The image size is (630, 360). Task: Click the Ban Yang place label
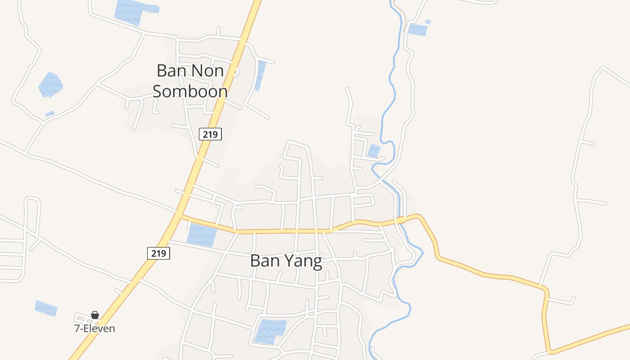[286, 261]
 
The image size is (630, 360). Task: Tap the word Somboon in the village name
[190, 91]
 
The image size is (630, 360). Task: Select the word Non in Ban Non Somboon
[207, 71]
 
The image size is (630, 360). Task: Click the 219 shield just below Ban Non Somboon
[210, 134]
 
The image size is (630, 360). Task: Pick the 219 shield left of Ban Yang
[158, 253]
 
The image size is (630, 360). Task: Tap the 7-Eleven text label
[94, 328]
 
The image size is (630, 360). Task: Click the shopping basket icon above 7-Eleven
[95, 315]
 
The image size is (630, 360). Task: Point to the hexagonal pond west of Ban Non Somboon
[50, 85]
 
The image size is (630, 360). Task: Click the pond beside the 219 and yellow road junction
[201, 235]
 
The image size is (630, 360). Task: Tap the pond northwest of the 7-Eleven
[46, 308]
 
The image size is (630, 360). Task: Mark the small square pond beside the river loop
[373, 151]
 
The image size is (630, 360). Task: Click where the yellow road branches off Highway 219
[181, 216]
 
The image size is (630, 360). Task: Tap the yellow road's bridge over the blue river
[400, 220]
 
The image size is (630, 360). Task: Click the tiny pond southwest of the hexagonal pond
[49, 114]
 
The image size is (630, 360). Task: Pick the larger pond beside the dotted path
[418, 30]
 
